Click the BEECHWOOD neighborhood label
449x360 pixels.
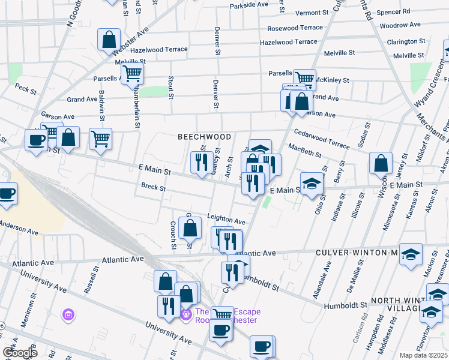205,137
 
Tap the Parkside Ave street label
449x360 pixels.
249,4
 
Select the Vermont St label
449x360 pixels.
312,13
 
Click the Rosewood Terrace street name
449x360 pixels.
295,28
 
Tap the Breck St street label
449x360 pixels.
153,187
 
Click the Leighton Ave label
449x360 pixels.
226,220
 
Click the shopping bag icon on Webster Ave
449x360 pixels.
109,40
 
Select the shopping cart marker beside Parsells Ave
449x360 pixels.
132,74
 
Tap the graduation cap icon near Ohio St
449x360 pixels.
312,183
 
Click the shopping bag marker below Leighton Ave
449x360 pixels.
190,227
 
